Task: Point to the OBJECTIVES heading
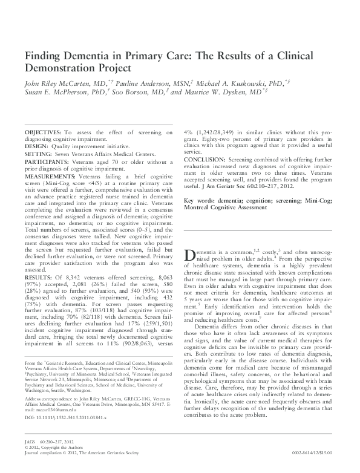pyautogui.click(x=42, y=132)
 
